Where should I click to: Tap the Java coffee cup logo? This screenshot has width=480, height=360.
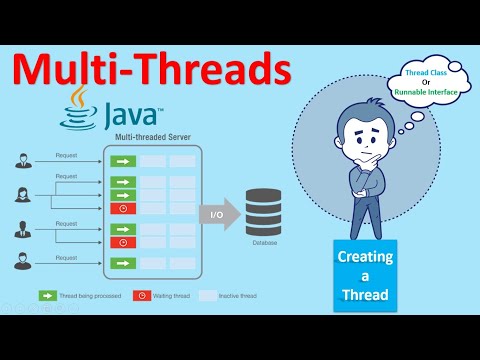pos(77,112)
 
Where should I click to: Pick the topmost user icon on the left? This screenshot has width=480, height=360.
pos(24,160)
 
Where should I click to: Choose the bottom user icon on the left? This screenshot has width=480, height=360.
pos(24,263)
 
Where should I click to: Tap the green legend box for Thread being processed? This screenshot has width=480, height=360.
pos(47,296)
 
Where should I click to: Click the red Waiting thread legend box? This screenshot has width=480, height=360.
pos(145,296)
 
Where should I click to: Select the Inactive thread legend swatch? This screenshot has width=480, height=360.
pos(209,296)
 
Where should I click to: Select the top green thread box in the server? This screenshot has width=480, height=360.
pos(121,160)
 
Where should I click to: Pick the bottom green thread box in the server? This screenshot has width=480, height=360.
pos(121,263)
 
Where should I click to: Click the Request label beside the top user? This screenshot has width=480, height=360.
pos(67,155)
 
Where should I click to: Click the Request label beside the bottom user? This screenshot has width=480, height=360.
pos(67,258)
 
